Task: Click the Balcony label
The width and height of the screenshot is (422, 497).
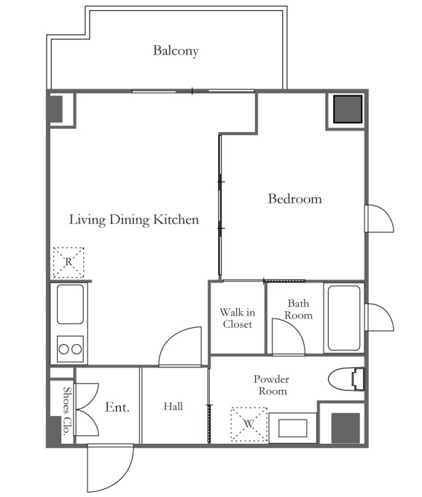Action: pyautogui.click(x=176, y=51)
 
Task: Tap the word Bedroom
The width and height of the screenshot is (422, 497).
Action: pyautogui.click(x=295, y=199)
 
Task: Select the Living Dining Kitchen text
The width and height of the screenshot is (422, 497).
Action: pyautogui.click(x=134, y=219)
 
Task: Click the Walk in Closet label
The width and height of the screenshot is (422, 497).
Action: pyautogui.click(x=238, y=318)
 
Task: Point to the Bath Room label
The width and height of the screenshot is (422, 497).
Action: pyautogui.click(x=298, y=310)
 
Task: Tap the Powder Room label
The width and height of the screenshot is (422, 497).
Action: pyautogui.click(x=272, y=385)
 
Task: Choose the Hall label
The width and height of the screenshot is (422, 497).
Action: pyautogui.click(x=173, y=407)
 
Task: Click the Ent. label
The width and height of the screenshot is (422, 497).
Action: pyautogui.click(x=117, y=407)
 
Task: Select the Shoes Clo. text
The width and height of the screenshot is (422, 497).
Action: pyautogui.click(x=66, y=410)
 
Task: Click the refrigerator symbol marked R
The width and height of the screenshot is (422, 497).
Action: pyautogui.click(x=69, y=262)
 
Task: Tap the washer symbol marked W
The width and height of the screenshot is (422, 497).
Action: pyautogui.click(x=249, y=424)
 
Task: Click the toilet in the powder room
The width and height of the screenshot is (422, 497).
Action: pyautogui.click(x=346, y=379)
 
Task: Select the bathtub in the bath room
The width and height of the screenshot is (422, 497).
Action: pyautogui.click(x=344, y=318)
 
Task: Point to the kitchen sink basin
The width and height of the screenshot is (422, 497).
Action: pyautogui.click(x=71, y=305)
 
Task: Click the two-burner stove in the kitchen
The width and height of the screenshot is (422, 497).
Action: pyautogui.click(x=71, y=349)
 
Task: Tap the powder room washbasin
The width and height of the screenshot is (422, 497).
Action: pyautogui.click(x=293, y=428)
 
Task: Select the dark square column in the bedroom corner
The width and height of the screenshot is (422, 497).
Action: pyautogui.click(x=348, y=109)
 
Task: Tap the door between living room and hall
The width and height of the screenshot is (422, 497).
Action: pyautogui.click(x=180, y=346)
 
